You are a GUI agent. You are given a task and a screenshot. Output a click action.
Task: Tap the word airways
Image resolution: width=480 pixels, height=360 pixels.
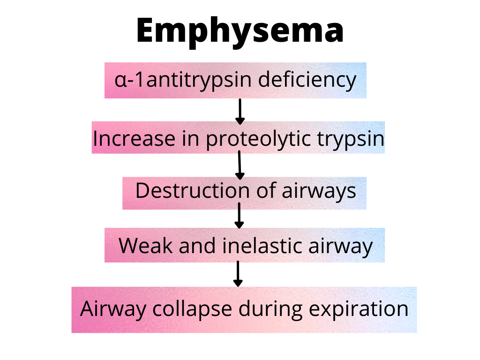pyautogui.click(x=319, y=192)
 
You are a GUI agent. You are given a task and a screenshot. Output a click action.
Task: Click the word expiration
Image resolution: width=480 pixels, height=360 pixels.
pyautogui.click(x=359, y=310)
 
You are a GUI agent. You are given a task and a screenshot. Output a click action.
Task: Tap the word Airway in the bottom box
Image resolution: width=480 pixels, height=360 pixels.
pyautogui.click(x=108, y=310)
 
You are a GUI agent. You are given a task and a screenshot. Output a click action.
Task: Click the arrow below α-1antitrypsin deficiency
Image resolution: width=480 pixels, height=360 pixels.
pyautogui.click(x=240, y=111)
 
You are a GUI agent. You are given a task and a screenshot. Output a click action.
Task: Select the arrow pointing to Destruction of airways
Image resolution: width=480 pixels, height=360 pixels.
pyautogui.click(x=240, y=165)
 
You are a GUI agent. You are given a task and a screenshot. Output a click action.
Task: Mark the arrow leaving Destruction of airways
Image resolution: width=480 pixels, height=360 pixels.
pyautogui.click(x=240, y=215)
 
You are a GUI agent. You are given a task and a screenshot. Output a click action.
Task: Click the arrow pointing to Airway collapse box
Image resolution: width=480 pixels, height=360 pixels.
pyautogui.click(x=238, y=274)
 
